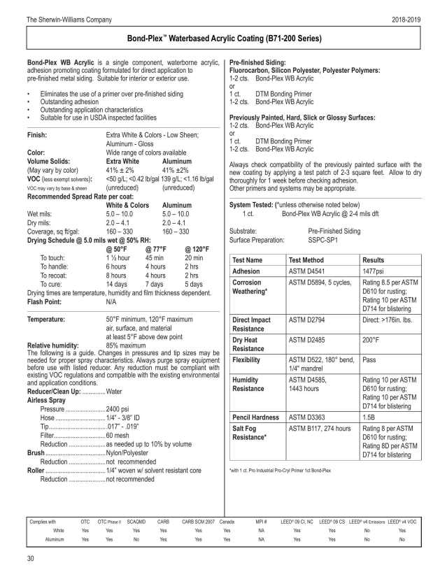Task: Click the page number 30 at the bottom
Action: [30, 558]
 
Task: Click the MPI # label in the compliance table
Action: [262, 522]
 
